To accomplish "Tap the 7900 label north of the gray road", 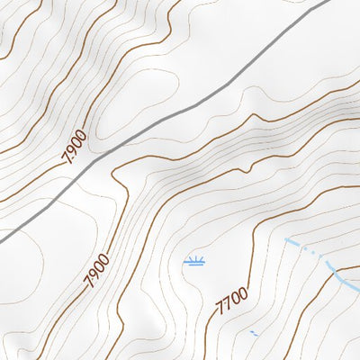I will point(75,147).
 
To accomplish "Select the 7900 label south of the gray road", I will point(97,271).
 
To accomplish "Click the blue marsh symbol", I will point(193,262).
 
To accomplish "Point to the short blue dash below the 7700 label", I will point(254,334).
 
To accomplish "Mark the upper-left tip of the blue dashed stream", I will point(287,239).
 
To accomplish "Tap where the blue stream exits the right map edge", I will point(358,289).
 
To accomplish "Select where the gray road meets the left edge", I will point(1,240).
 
